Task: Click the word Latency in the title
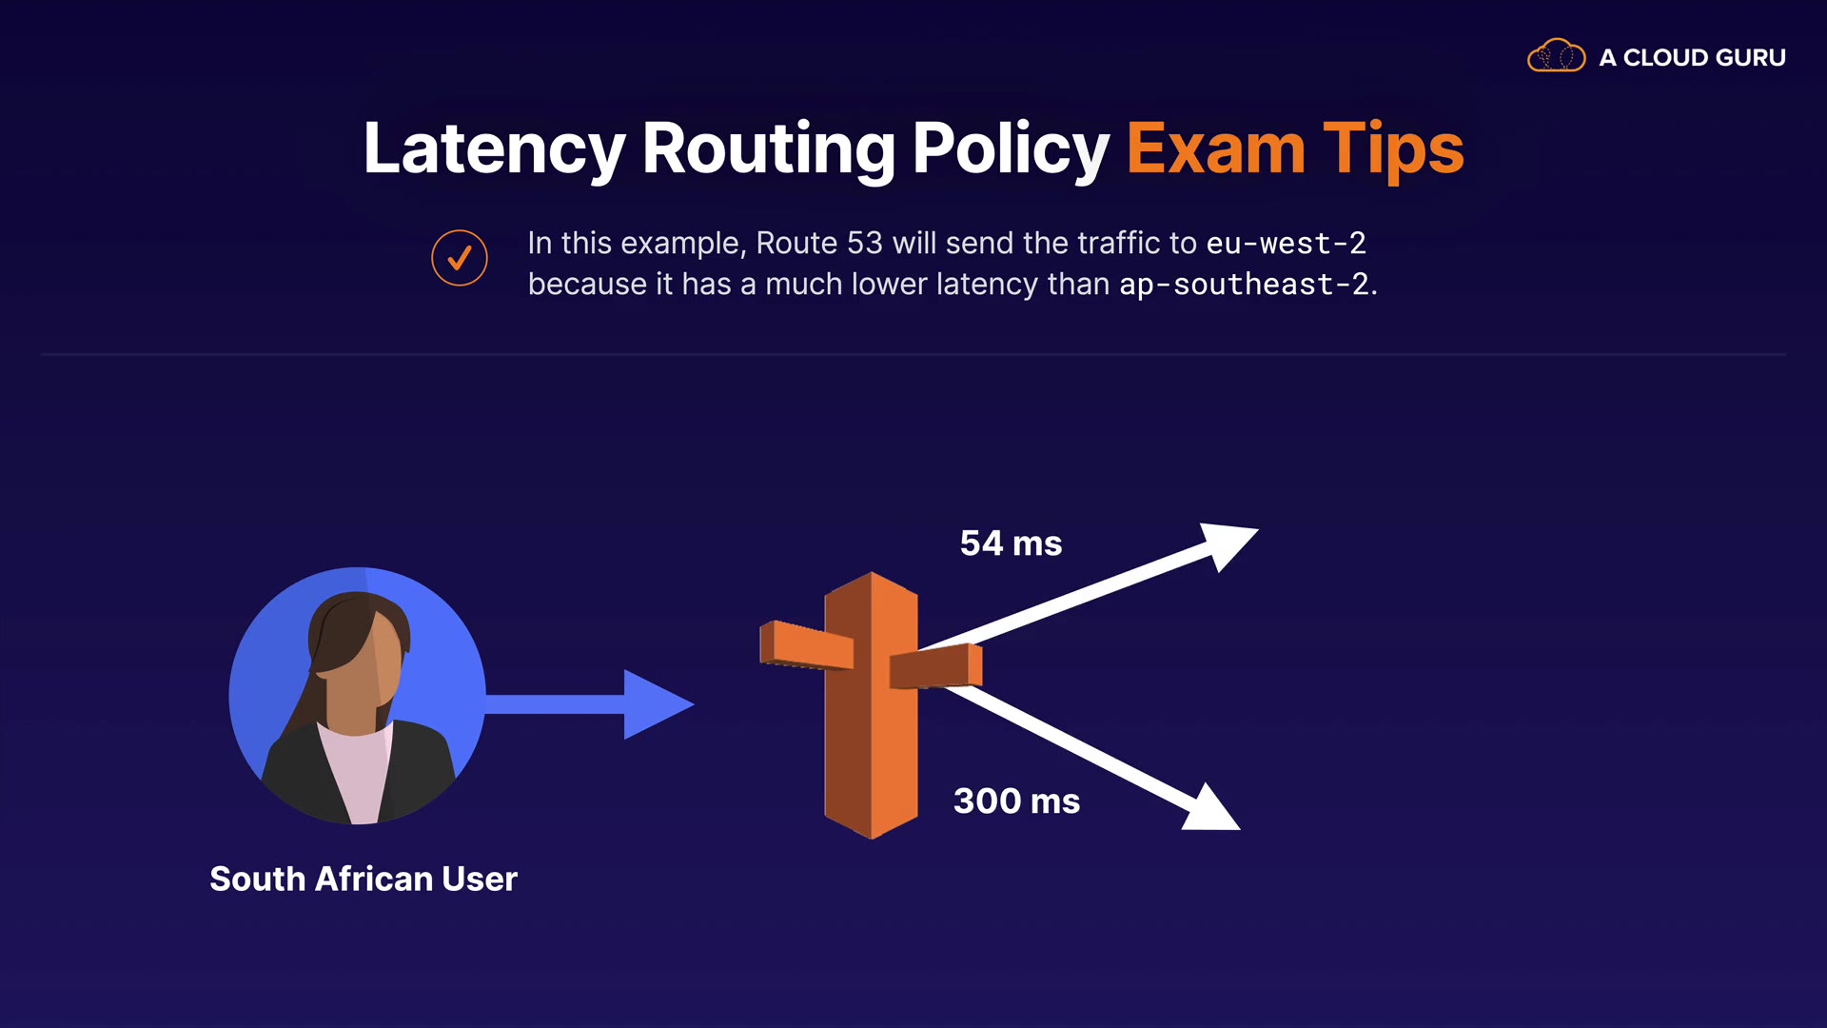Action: click(494, 149)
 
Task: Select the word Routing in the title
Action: click(768, 149)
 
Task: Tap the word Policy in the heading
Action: click(1011, 149)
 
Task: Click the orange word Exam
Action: click(1215, 149)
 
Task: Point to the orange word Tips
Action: click(1393, 149)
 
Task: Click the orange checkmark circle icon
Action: click(460, 258)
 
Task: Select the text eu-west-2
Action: click(1286, 244)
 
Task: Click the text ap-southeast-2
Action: click(1245, 285)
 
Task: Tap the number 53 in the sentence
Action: click(864, 244)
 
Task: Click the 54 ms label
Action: click(1011, 544)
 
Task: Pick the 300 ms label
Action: click(1016, 801)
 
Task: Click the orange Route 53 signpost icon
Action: click(871, 704)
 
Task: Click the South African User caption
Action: click(363, 879)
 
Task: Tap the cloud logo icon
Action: click(1556, 57)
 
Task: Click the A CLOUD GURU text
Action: click(1692, 58)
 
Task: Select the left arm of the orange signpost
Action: click(806, 645)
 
